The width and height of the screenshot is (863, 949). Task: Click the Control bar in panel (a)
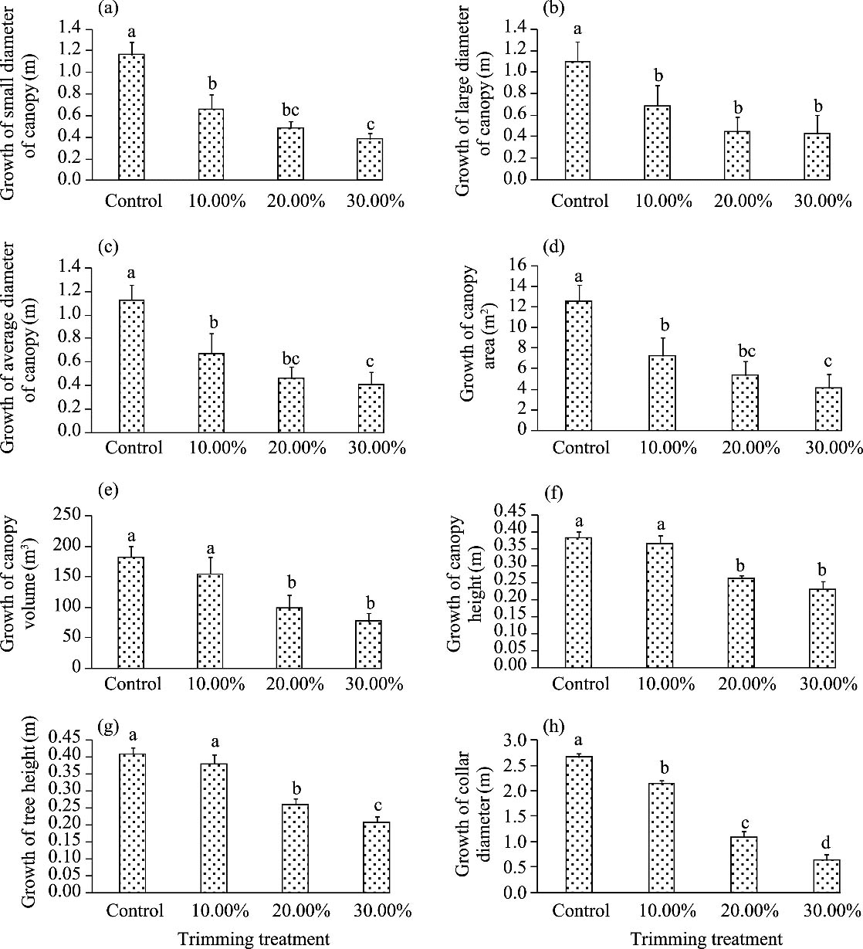(x=131, y=117)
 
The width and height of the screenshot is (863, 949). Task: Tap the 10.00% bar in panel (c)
(x=212, y=393)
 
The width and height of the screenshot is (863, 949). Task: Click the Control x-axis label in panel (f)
(x=580, y=683)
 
